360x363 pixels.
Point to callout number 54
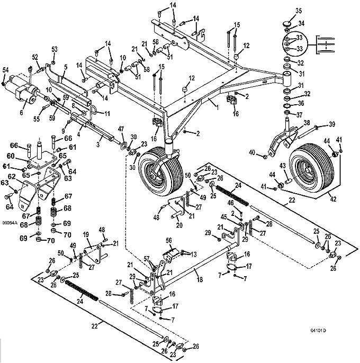point(5,70)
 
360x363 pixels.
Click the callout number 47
point(121,129)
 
